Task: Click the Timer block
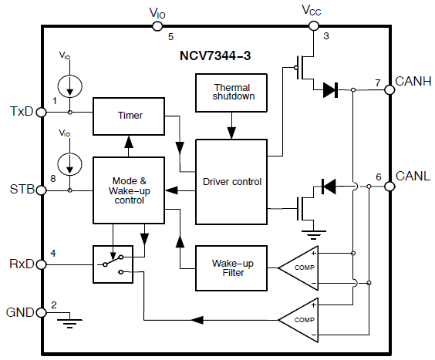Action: pos(130,116)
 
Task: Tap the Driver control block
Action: pos(231,182)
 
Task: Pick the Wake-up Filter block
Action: pos(231,268)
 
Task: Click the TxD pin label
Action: pos(21,112)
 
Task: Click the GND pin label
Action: pos(21,313)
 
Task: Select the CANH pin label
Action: pos(413,80)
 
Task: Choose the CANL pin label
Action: pos(413,177)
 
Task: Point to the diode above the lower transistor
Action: pos(329,186)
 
